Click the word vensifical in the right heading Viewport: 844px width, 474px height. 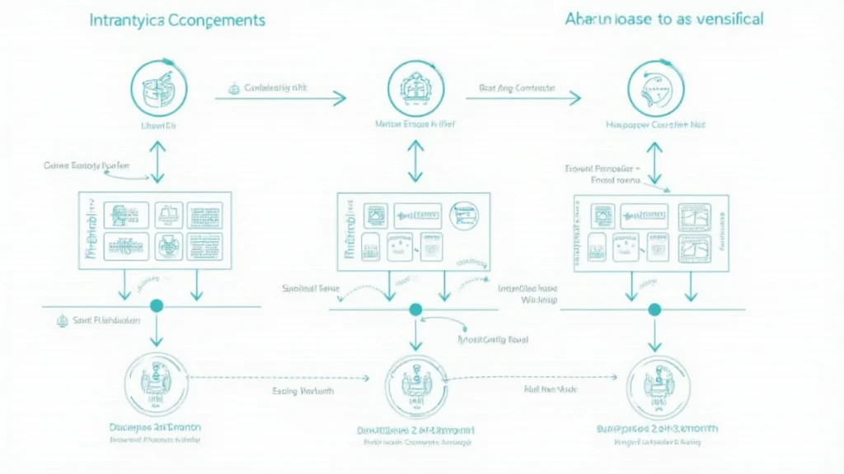722,18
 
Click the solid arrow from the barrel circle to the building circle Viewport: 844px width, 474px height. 280,99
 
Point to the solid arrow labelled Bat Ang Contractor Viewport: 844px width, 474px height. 523,99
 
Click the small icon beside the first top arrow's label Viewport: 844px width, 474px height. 234,86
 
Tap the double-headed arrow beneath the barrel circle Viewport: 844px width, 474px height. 157,162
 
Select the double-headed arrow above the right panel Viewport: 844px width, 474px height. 655,162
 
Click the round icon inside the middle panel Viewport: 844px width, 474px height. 463,215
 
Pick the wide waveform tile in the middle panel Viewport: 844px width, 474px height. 417,215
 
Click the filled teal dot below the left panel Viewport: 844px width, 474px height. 157,306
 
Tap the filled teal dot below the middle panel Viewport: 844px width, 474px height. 415,309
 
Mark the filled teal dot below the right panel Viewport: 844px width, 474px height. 654,309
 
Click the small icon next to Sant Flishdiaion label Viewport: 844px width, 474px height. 60,321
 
